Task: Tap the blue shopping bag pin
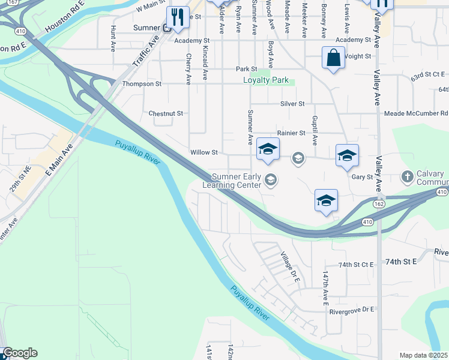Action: point(333,58)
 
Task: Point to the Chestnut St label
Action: point(165,113)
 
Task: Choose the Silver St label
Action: point(293,104)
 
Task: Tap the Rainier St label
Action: point(291,133)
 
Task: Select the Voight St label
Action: point(358,56)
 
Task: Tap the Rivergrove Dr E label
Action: point(351,310)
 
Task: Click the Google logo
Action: point(20,353)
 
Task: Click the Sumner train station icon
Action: point(168,28)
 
